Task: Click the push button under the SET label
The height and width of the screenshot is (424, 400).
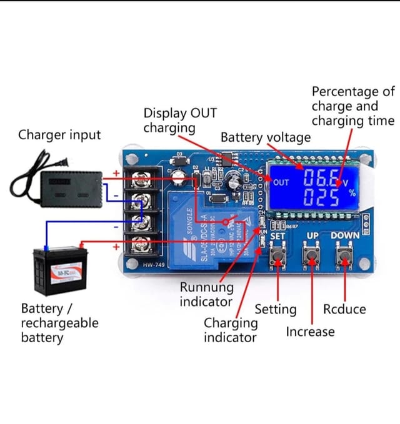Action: pos(277,256)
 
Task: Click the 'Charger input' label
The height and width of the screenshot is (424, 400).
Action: pos(59,134)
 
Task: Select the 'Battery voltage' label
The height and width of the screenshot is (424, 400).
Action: pos(265,137)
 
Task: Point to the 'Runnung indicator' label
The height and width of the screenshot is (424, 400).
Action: pos(206,294)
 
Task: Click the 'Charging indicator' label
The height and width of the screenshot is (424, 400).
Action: pos(230,330)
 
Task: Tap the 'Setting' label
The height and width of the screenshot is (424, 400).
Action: pos(276,309)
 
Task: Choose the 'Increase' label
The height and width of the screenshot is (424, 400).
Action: pos(310,332)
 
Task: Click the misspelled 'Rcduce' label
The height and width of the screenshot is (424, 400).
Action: pos(344,309)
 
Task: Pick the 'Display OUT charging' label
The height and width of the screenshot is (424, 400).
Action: pos(180,121)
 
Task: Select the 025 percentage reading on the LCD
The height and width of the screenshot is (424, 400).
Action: pos(322,199)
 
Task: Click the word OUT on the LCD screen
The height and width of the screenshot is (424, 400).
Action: pos(281,182)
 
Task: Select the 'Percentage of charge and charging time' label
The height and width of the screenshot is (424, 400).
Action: pos(353,106)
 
